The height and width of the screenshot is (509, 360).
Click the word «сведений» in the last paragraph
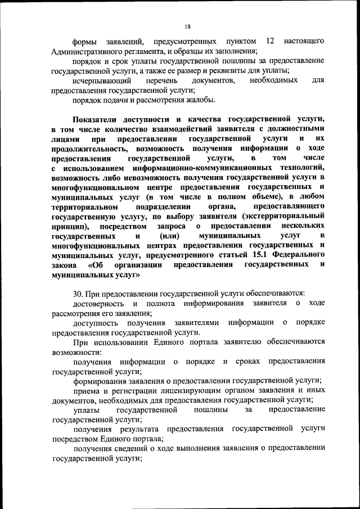click(x=123, y=448)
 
